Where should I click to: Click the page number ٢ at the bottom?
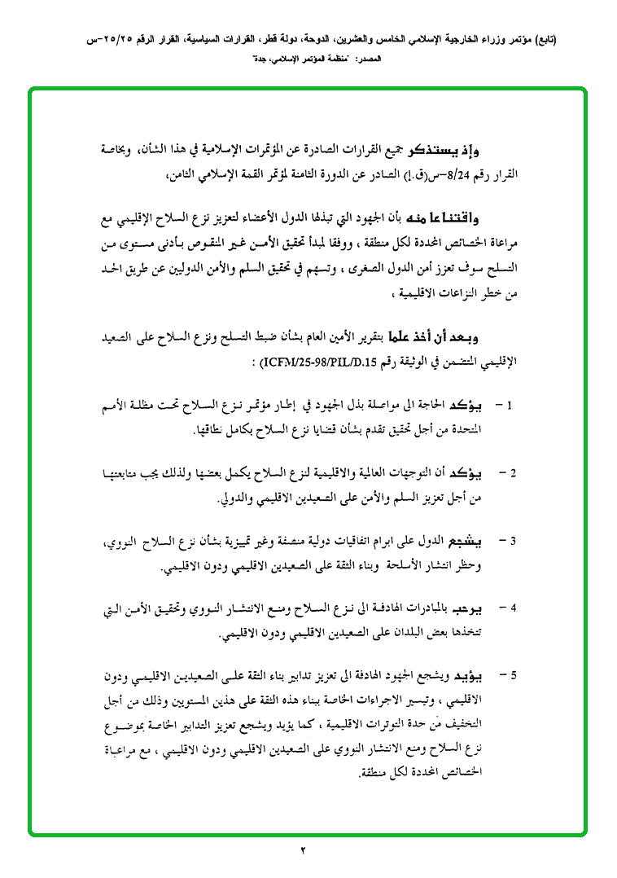(303, 851)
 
